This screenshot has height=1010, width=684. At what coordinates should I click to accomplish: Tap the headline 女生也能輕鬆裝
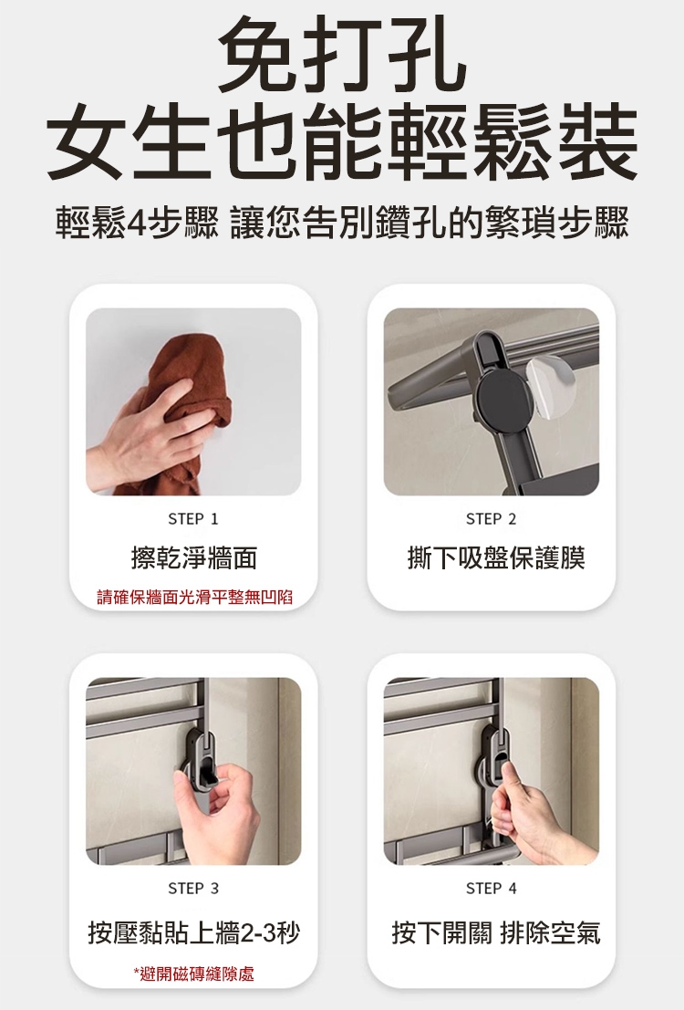[x=342, y=143]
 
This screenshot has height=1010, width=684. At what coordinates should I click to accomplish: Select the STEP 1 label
[x=193, y=519]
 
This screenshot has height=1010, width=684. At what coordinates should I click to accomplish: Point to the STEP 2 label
[x=491, y=519]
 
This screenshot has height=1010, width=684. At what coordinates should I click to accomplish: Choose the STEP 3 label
[x=193, y=889]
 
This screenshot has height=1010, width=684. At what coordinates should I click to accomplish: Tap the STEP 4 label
[x=491, y=889]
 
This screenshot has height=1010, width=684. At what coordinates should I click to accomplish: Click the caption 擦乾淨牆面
[x=194, y=557]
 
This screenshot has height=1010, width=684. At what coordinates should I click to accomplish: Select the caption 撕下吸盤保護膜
[x=496, y=557]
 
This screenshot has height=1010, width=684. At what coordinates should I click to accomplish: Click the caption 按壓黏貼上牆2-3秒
[x=194, y=932]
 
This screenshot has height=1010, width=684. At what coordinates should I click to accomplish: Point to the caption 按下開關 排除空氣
[x=496, y=932]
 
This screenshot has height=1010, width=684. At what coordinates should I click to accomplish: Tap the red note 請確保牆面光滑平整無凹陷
[x=194, y=597]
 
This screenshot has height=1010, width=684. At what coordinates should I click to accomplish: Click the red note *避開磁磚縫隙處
[x=194, y=974]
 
